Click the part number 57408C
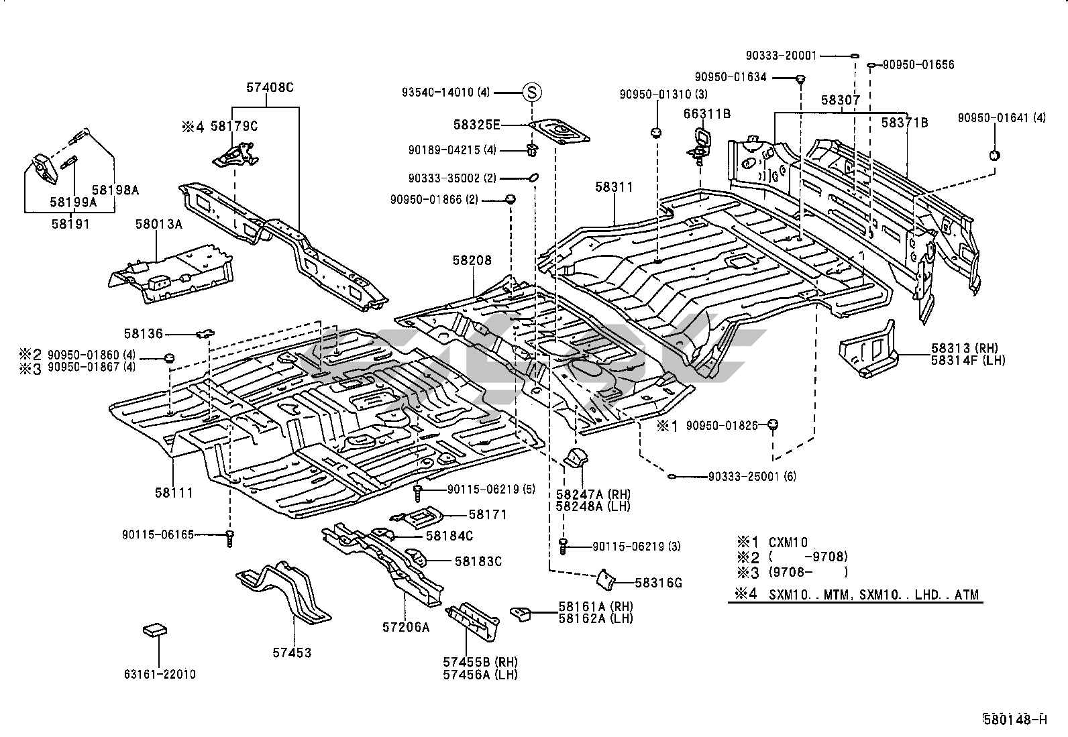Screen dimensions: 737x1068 [x=270, y=87]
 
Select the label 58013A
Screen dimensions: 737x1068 [x=158, y=224]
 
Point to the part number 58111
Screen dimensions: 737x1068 [x=174, y=493]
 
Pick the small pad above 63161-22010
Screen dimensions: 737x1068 [x=155, y=630]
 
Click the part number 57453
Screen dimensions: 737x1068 [x=292, y=653]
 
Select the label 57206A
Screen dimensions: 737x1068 [x=405, y=627]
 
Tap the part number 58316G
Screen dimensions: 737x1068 [x=659, y=583]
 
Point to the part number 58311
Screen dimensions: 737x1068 [x=613, y=187]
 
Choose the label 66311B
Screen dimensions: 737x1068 [x=707, y=114]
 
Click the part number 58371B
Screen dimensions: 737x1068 [x=904, y=123]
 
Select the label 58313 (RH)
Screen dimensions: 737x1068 [x=964, y=348]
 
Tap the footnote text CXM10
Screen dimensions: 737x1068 [x=788, y=542]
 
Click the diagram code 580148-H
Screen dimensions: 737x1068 [x=1014, y=720]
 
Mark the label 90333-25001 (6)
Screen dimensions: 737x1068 [x=752, y=477]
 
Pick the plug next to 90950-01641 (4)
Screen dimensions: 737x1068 [x=995, y=156]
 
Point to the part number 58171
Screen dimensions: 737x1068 [x=488, y=514]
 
